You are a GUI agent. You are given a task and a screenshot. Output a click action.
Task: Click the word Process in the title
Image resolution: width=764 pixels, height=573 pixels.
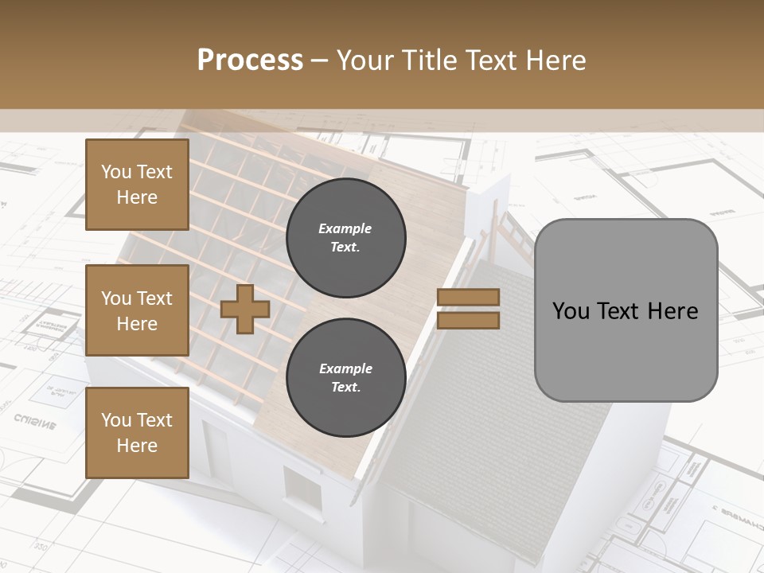pyautogui.click(x=250, y=60)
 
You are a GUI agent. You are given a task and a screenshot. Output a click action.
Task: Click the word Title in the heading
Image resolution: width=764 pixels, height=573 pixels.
pyautogui.click(x=427, y=60)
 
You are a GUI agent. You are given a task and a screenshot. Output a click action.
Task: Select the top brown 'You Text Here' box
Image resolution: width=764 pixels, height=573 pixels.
pyautogui.click(x=137, y=185)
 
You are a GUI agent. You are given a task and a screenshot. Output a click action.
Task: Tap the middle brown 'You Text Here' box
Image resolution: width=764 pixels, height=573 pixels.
pyautogui.click(x=137, y=310)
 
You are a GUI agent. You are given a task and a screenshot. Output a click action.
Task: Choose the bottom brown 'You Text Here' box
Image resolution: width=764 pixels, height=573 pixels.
pyautogui.click(x=137, y=433)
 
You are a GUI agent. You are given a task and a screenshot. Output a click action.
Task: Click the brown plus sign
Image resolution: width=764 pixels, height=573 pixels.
pyautogui.click(x=244, y=309)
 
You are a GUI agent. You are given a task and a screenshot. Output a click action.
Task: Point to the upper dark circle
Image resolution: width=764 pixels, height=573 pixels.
pyautogui.click(x=345, y=238)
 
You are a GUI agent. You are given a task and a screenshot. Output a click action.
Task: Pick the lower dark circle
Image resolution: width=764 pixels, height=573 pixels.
pyautogui.click(x=345, y=378)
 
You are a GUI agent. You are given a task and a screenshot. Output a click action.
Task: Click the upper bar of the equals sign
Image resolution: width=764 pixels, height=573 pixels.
pyautogui.click(x=468, y=297)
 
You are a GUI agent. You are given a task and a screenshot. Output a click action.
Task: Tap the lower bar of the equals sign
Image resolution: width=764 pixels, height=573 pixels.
pyautogui.click(x=468, y=320)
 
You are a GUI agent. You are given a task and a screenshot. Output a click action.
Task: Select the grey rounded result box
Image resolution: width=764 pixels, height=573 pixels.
pyautogui.click(x=626, y=310)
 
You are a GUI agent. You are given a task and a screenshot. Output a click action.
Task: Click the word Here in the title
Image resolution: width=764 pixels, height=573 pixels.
pyautogui.click(x=559, y=60)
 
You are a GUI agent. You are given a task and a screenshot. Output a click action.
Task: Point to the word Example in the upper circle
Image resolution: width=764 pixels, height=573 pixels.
pyautogui.click(x=345, y=228)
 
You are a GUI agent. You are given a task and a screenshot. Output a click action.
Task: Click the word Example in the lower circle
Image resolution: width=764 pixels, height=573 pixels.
pyautogui.click(x=345, y=368)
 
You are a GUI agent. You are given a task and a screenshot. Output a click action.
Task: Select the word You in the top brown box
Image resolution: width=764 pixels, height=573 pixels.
pyautogui.click(x=116, y=172)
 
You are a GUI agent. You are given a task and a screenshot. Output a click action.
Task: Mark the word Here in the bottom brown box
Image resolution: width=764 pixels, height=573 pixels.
pyautogui.click(x=137, y=446)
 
